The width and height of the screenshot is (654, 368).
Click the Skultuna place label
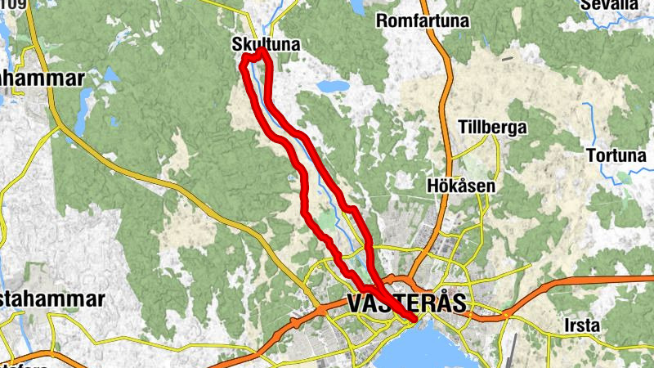click(266, 43)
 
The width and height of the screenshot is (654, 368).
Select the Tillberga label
click(493, 128)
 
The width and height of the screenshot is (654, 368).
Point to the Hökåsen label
click(461, 186)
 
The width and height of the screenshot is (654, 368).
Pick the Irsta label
click(582, 325)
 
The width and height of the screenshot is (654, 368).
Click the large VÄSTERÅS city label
click(406, 303)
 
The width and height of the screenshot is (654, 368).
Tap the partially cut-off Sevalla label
click(609, 5)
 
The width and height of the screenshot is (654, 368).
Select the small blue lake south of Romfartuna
click(334, 86)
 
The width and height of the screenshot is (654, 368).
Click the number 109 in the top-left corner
click(13, 5)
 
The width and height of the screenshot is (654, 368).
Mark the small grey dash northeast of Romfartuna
click(508, 58)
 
